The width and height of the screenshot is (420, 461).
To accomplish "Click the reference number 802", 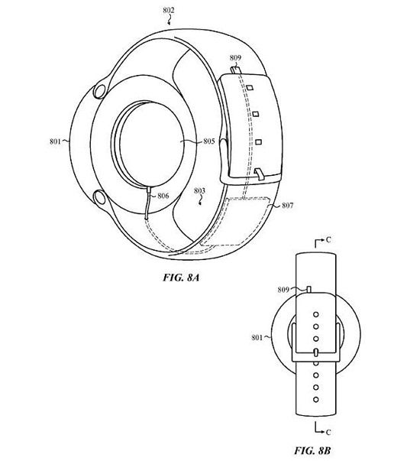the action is tap(169, 11).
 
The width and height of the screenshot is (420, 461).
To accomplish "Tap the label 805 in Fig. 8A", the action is tap(209, 141).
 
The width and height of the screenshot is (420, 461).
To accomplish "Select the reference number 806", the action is tap(163, 196).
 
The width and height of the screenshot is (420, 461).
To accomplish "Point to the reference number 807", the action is tap(287, 205).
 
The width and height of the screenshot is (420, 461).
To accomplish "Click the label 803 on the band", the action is tap(199, 191).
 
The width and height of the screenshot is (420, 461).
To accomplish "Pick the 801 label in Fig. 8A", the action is tap(55, 141).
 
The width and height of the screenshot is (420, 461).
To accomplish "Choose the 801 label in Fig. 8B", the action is tap(257, 337).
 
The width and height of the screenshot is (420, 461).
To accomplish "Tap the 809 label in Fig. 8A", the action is tap(235, 58).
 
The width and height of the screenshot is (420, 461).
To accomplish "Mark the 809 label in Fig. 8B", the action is tap(283, 290).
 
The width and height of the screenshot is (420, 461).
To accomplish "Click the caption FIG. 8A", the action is tap(181, 278).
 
